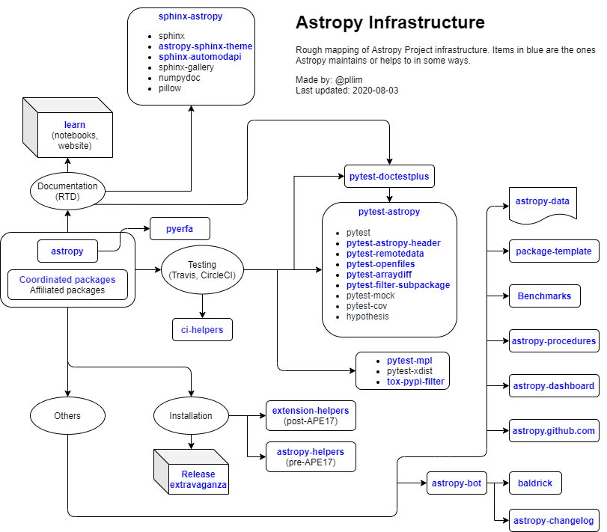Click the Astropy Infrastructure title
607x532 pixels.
point(390,22)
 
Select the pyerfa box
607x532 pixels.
point(180,228)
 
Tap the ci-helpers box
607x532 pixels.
point(202,329)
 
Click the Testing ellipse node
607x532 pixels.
point(202,270)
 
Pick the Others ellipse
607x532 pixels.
point(67,415)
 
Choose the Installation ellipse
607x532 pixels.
point(191,415)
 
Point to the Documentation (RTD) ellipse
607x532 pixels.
point(67,192)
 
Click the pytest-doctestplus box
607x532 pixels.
point(390,177)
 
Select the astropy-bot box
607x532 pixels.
point(457,483)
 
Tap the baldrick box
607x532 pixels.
point(535,483)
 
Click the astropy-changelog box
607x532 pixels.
point(554,521)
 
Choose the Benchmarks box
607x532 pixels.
point(545,296)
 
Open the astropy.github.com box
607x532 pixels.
point(554,431)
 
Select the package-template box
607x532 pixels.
point(554,251)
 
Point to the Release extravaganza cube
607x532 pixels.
point(198,480)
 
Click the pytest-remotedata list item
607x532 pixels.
point(385,254)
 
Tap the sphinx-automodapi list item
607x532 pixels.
point(205,56)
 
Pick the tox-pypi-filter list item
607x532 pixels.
point(415,382)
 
